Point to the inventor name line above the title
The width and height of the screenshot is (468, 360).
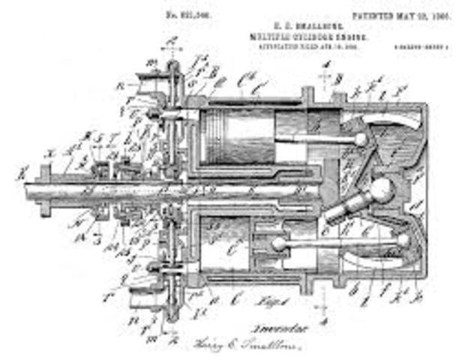[x=289, y=25]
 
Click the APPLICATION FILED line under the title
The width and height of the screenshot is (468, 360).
[x=289, y=45]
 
